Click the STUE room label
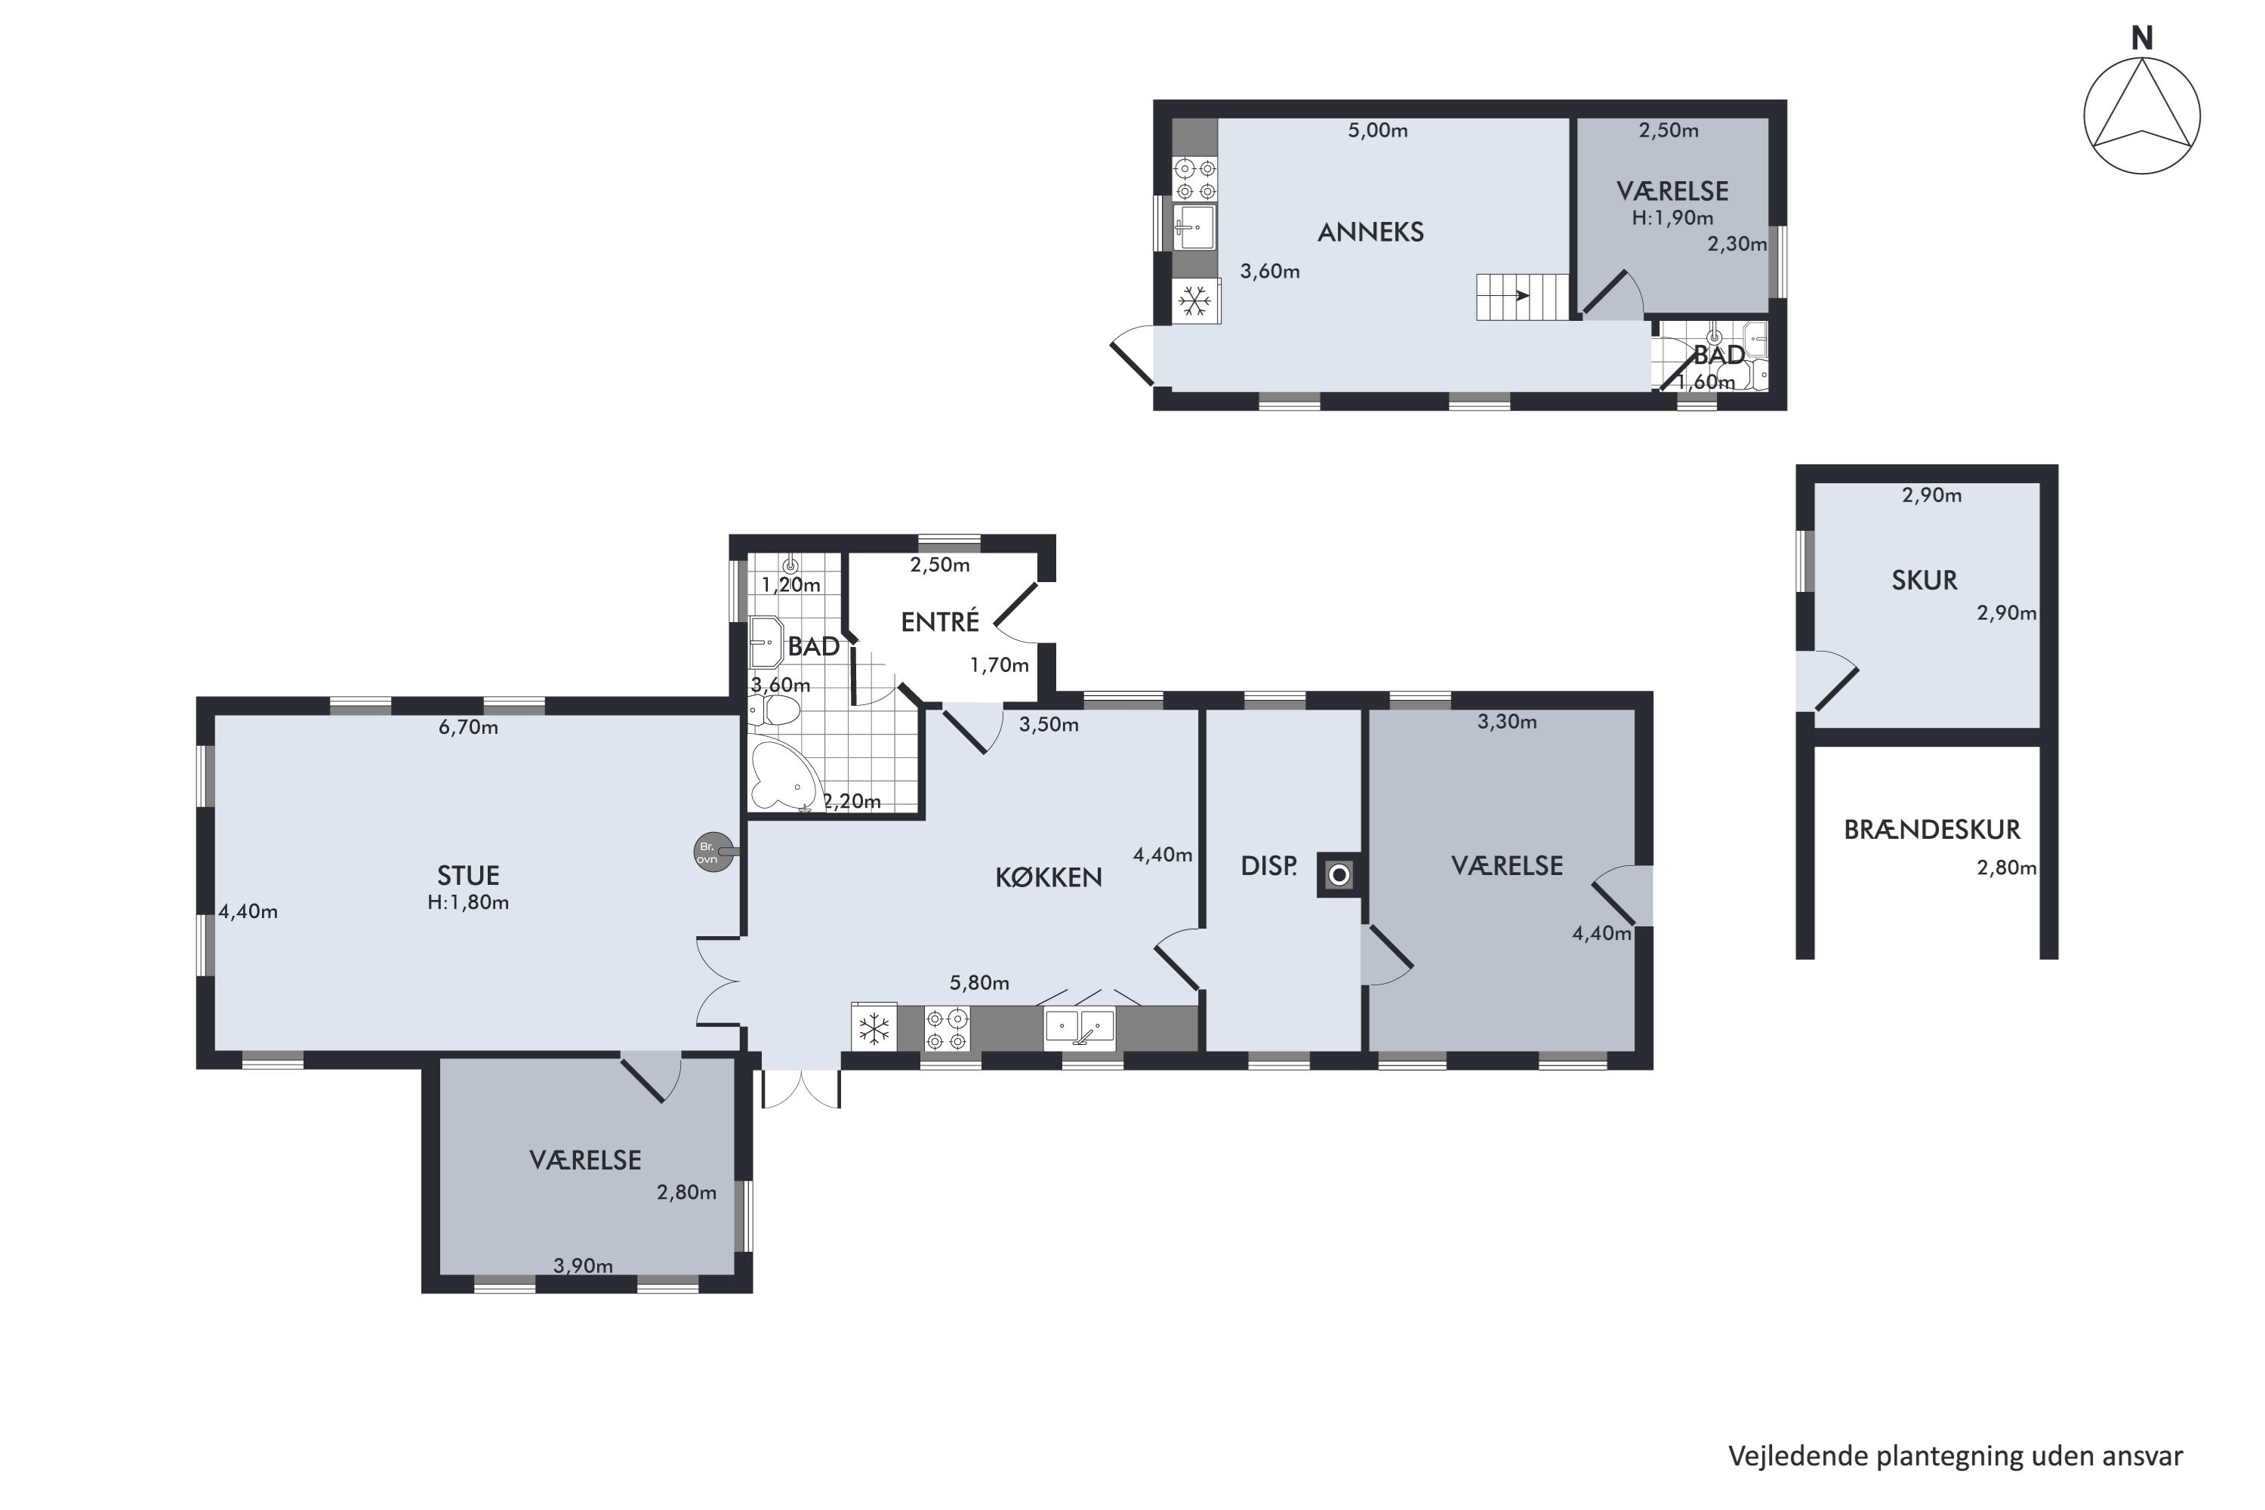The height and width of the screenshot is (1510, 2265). [468, 875]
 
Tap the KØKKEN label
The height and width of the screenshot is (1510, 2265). [1049, 877]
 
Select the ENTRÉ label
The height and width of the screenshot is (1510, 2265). [940, 622]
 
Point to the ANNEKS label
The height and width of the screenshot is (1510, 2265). [1370, 232]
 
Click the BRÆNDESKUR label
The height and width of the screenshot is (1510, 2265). [1932, 829]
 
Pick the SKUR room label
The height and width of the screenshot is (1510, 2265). [1924, 581]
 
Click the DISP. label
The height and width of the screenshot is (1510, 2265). [1269, 866]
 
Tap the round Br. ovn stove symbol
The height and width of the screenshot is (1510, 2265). [713, 852]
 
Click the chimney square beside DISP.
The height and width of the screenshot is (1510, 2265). [1339, 875]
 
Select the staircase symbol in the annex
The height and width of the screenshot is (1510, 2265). [1521, 297]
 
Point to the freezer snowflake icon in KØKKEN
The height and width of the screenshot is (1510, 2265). [874, 1028]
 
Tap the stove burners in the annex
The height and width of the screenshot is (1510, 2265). [1195, 179]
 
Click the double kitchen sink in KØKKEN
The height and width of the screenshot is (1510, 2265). [1080, 1028]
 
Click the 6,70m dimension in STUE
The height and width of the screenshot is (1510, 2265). [468, 727]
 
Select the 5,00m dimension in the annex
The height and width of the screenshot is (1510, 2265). [1377, 130]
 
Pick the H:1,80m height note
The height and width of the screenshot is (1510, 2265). [468, 902]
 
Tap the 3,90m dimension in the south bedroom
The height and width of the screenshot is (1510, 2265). [583, 1265]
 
